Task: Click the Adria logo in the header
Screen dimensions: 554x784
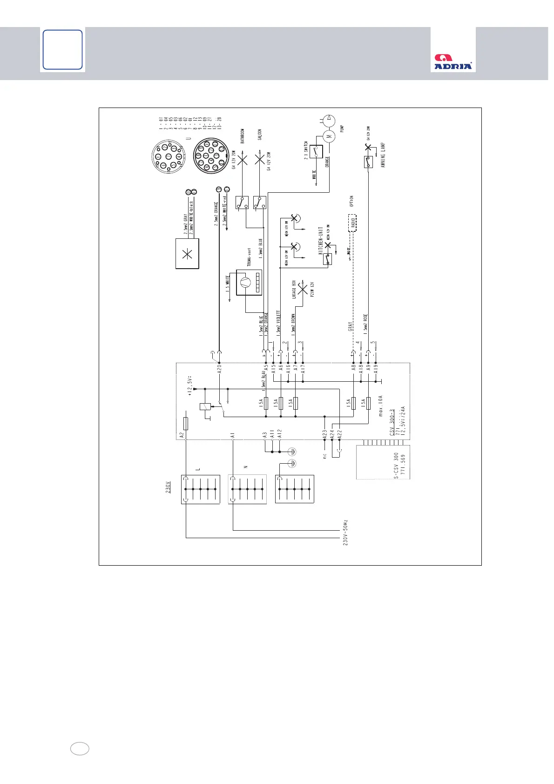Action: [453, 62]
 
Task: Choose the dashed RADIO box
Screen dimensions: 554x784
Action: [352, 223]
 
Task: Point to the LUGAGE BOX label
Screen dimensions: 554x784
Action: [294, 290]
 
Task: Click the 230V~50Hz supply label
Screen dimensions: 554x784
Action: [345, 532]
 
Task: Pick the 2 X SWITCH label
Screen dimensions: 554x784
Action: [306, 150]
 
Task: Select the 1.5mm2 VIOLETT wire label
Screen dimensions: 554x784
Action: [278, 323]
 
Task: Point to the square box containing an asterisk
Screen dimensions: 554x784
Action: [187, 254]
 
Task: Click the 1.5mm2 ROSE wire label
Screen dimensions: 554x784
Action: [366, 325]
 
